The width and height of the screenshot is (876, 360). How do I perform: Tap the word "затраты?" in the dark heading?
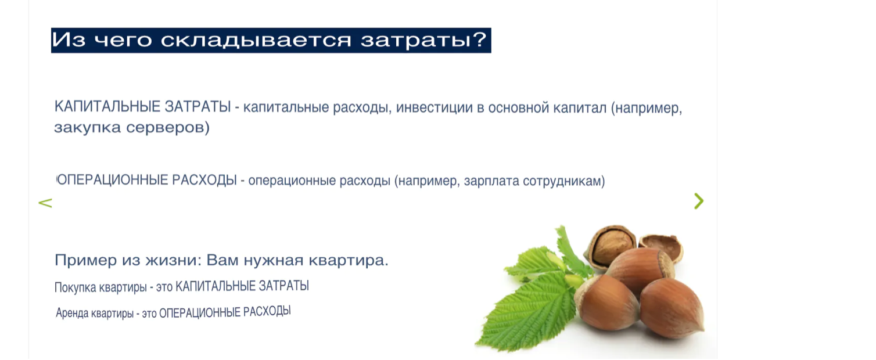tap(423, 40)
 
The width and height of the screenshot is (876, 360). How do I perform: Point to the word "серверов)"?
tap(174, 128)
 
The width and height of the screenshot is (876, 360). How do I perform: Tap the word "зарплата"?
tap(491, 181)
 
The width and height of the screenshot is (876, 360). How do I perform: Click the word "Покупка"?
tap(75, 287)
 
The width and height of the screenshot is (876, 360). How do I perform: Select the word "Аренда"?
tap(72, 313)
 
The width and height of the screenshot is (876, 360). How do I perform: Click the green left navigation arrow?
tap(45, 203)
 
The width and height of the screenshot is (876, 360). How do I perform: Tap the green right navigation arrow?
tap(698, 201)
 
